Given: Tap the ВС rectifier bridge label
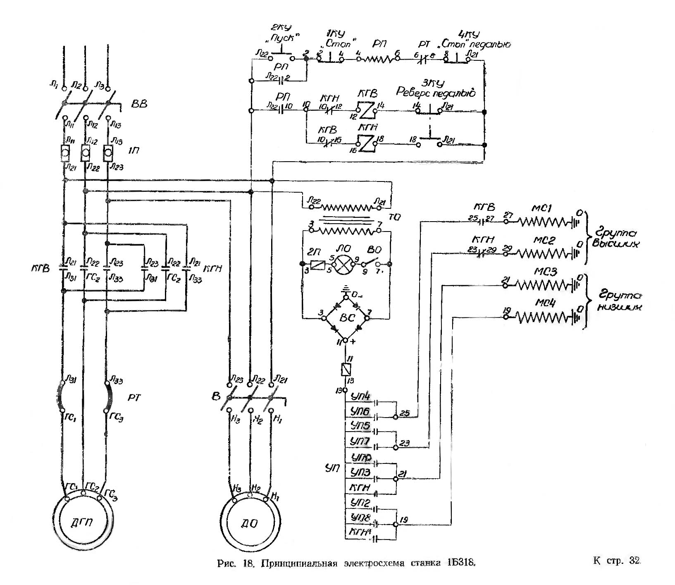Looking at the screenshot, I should [x=346, y=318].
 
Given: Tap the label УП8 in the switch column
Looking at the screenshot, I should [x=360, y=517].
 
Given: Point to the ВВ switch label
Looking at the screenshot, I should [x=139, y=104].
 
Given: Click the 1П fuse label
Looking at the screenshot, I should [x=133, y=150].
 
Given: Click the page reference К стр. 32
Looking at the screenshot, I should [x=617, y=561].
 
